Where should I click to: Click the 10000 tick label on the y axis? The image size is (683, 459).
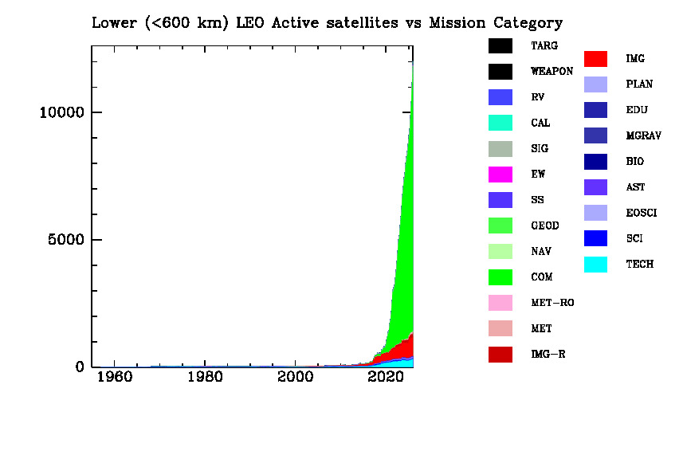click(x=61, y=112)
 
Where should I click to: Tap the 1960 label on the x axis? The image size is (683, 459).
click(x=114, y=377)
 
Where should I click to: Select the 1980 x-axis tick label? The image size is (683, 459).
click(x=205, y=377)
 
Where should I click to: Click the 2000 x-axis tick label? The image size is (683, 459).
click(x=296, y=377)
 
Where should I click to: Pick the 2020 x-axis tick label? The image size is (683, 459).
click(x=387, y=377)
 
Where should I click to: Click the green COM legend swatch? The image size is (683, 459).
click(x=500, y=277)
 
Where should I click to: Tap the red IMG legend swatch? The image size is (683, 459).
click(x=595, y=59)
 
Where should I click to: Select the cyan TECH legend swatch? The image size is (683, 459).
click(x=595, y=264)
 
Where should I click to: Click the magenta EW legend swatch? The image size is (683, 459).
click(x=500, y=175)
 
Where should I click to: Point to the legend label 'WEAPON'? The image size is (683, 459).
click(x=552, y=72)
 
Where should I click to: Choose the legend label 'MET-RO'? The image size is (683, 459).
click(x=552, y=303)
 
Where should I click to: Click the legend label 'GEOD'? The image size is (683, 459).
click(x=545, y=226)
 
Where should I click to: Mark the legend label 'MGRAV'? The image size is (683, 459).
click(x=643, y=135)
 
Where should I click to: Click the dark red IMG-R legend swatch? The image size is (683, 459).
click(x=500, y=354)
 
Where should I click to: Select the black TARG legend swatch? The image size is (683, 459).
click(x=500, y=46)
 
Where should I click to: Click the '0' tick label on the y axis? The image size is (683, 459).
click(x=80, y=367)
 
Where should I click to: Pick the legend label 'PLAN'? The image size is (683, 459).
click(x=639, y=84)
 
